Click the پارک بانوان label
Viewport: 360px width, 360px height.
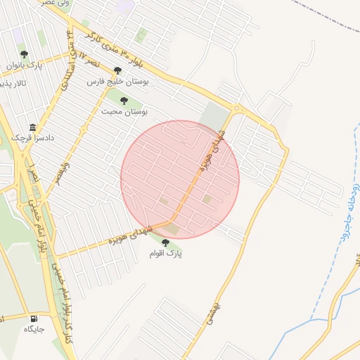[x=25, y=65]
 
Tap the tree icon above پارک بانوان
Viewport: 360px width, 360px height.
[x=25, y=53]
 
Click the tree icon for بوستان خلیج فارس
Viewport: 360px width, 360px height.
[x=117, y=70]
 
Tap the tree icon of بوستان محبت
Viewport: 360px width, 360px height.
[x=124, y=101]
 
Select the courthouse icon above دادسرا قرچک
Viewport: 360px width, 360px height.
[x=33, y=128]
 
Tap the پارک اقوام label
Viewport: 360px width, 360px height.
[x=167, y=254]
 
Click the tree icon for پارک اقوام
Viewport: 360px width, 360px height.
[x=166, y=243]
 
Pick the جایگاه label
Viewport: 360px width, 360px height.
[x=34, y=328]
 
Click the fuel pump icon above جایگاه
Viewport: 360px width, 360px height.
[x=34, y=317]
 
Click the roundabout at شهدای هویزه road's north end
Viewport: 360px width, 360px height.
[x=237, y=109]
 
